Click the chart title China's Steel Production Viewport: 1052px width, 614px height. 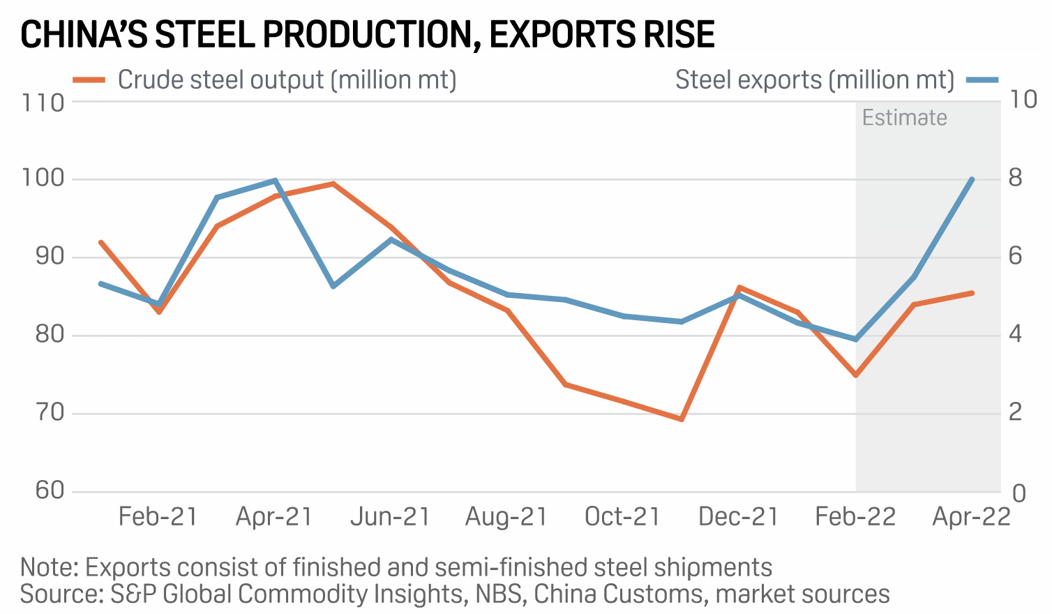(368, 34)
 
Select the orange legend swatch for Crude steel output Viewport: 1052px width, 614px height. (89, 80)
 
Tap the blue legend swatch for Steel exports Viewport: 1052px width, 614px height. (982, 80)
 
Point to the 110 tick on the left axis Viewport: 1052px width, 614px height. (43, 103)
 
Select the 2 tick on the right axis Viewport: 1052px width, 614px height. (1016, 412)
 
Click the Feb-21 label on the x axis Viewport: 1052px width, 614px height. (158, 517)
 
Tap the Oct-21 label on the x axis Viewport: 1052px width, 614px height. (622, 517)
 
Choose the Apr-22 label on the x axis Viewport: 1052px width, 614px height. (971, 517)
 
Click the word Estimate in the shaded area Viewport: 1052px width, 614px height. (904, 117)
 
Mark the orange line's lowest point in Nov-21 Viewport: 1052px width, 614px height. (682, 419)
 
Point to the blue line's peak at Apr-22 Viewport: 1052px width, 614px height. (972, 179)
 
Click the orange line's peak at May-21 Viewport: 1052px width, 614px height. (333, 184)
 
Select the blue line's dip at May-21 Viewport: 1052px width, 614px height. (333, 286)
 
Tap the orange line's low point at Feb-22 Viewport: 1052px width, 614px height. (855, 375)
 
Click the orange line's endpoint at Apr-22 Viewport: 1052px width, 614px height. (972, 293)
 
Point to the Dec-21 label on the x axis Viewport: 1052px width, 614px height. (738, 517)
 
